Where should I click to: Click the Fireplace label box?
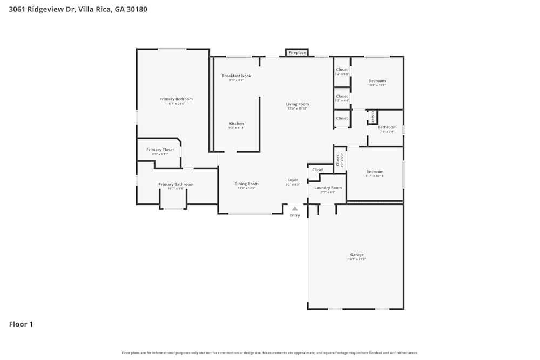pos(297,53)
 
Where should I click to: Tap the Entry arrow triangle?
pos(294,208)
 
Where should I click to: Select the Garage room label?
pos(357,254)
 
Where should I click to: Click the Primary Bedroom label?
pos(176,99)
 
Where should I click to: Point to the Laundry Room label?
pos(328,187)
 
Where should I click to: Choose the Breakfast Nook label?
pos(237,76)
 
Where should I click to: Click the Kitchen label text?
pos(237,124)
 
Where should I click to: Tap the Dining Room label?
pos(246,184)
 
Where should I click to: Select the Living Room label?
pos(298,104)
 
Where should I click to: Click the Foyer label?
pos(293,180)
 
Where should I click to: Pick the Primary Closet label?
pos(160,150)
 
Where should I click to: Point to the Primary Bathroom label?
pos(176,184)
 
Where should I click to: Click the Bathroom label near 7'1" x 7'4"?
pos(387,127)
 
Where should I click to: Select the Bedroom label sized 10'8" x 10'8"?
pos(377,81)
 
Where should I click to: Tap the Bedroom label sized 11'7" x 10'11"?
pos(375,172)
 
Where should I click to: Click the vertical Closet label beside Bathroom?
pos(373,117)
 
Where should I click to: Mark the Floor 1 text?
pos(21,324)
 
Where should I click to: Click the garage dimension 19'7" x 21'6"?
pos(357,259)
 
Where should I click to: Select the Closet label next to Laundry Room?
pos(318,169)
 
